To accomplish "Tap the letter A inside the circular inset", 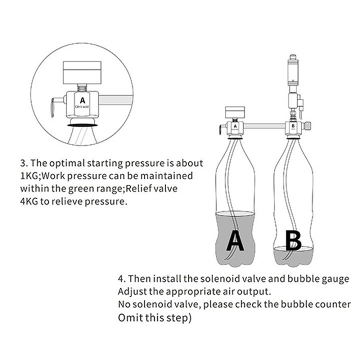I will [82, 99].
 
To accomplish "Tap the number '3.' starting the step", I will [24, 163].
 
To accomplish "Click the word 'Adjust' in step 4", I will [131, 291].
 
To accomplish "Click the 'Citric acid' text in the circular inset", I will [82, 107].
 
